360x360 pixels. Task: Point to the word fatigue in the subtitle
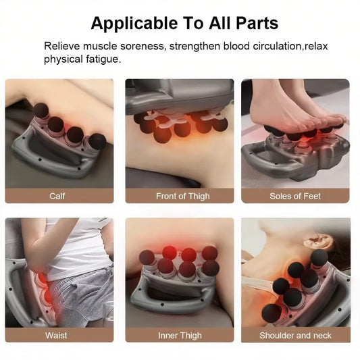[101, 59]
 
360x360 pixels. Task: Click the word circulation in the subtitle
[261, 47]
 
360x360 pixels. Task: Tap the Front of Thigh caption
[180, 196]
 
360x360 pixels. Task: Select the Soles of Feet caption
[295, 196]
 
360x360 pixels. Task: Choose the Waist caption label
[57, 335]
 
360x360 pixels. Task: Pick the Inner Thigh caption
[180, 335]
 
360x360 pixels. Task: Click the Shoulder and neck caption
[295, 335]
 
